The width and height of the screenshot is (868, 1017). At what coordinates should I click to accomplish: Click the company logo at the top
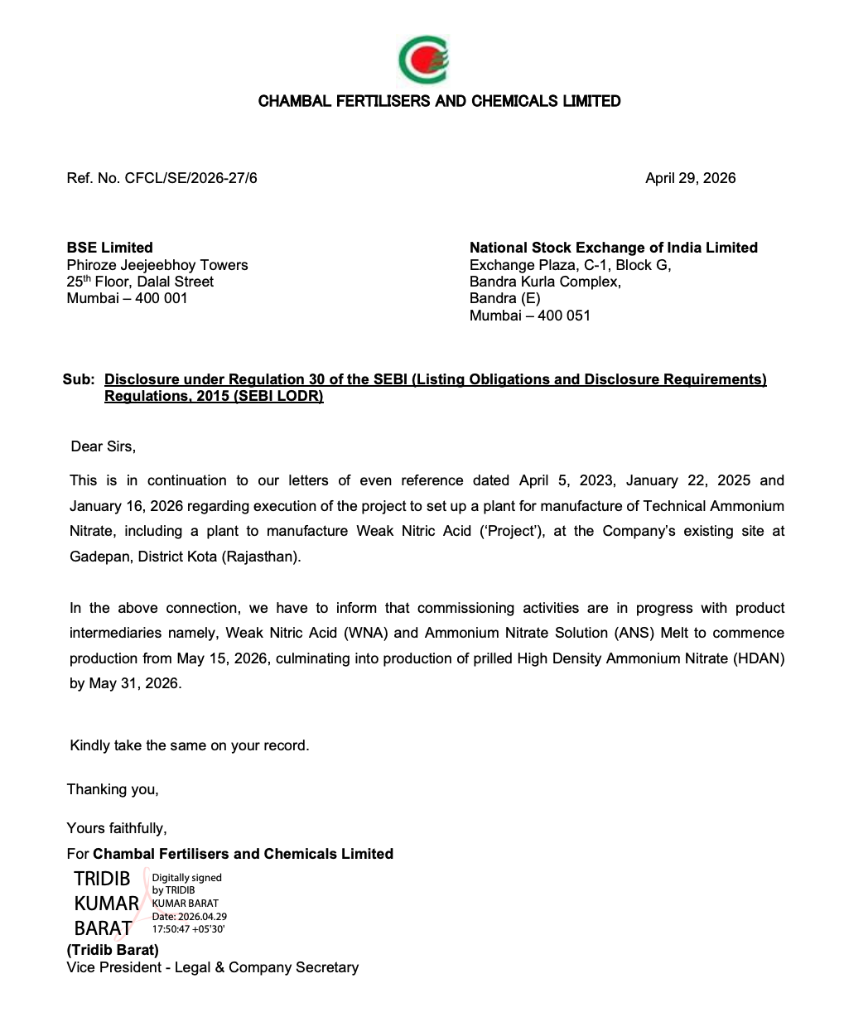click(x=424, y=60)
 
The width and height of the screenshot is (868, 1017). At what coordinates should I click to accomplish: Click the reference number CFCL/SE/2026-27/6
click(x=190, y=178)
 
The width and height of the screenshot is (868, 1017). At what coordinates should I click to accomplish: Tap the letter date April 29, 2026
click(x=690, y=178)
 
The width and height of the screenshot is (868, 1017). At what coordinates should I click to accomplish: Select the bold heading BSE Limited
click(x=109, y=248)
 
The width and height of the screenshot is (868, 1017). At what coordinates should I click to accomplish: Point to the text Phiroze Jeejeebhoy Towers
click(x=157, y=265)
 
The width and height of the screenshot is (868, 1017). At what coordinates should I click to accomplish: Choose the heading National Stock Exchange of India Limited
click(x=613, y=248)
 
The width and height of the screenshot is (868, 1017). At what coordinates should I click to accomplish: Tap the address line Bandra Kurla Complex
click(x=545, y=282)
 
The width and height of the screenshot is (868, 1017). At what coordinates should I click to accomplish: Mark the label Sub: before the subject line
click(x=79, y=379)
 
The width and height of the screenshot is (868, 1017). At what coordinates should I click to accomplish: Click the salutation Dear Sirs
click(x=103, y=446)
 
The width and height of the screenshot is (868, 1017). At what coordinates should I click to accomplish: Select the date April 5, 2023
click(x=567, y=480)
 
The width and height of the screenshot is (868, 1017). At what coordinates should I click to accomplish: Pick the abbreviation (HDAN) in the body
click(x=755, y=658)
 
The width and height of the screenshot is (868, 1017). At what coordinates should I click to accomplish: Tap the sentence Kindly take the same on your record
click(x=189, y=745)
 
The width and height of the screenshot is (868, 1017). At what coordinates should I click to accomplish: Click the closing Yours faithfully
click(x=117, y=827)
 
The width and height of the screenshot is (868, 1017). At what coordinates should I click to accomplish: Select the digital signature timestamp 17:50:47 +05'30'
click(x=189, y=929)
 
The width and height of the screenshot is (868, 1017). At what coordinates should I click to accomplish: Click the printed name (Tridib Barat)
click(x=113, y=950)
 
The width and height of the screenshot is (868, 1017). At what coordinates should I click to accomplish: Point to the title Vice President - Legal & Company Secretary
click(x=213, y=967)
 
